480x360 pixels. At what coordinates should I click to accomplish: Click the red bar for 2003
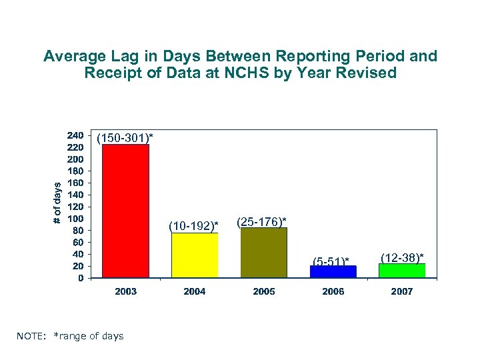pos(125,211)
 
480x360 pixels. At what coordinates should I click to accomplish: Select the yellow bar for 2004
pos(195,255)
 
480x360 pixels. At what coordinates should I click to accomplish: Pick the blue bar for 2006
pos(333,271)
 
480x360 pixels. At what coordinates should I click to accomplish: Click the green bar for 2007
pos(402,270)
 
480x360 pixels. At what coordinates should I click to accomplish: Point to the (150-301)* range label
pos(125,137)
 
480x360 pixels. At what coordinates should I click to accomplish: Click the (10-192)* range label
pos(193,227)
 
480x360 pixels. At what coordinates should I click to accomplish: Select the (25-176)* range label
pos(262,221)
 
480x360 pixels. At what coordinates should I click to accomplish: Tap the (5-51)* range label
pos(331,260)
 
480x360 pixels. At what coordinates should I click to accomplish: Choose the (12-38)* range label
pos(402,257)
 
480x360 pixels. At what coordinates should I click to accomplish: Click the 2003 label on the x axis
pos(125,291)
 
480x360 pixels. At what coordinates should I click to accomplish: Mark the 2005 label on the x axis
pos(264,291)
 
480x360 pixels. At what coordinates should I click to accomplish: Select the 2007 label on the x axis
pos(402,291)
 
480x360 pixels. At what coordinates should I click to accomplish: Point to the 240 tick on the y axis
pos(75,135)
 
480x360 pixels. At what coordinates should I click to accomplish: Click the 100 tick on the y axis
pos(75,218)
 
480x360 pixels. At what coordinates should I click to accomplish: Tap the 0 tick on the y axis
pos(80,278)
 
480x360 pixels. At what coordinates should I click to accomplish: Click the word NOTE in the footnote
pos(31,336)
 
